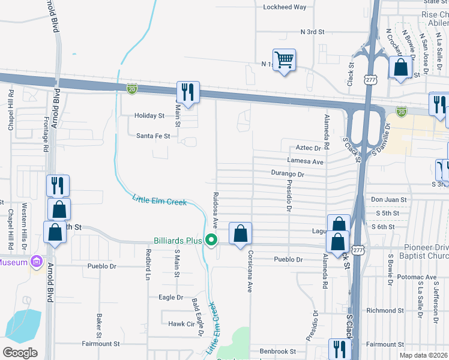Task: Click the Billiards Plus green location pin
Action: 211,241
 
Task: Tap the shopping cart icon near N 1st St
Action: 284,59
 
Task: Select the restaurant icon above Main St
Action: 188,93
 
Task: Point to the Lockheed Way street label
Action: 285,7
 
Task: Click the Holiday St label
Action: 149,115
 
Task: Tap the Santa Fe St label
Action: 153,136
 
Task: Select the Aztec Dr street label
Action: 309,148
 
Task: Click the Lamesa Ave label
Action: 306,161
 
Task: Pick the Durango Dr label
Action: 288,174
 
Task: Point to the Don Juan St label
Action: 389,199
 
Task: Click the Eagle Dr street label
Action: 171,297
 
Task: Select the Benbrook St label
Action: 277,351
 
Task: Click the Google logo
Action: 20,353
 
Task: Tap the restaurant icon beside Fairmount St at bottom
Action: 340,349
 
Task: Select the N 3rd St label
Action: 312,31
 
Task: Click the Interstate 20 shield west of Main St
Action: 131,89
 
